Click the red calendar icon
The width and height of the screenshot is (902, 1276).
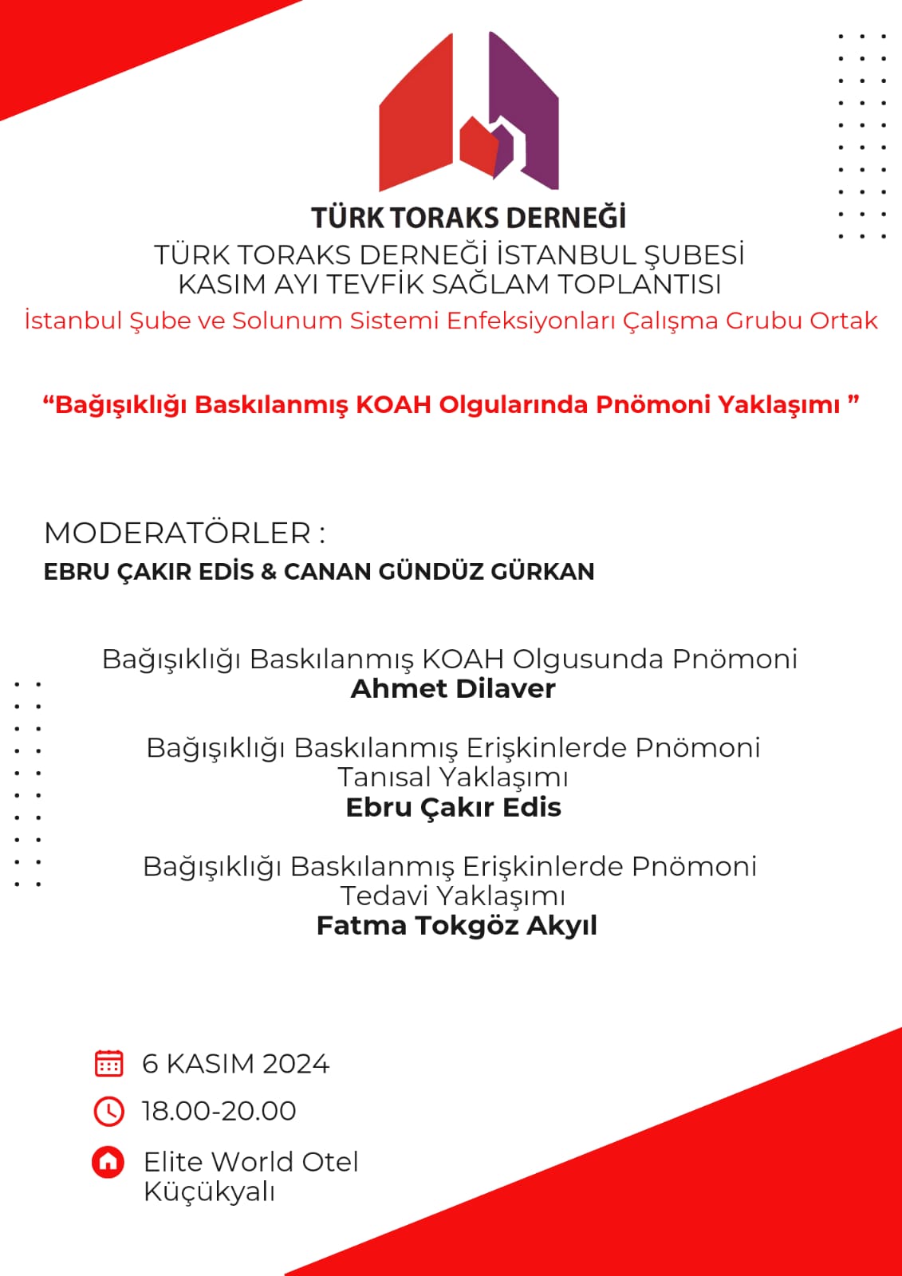tap(108, 1063)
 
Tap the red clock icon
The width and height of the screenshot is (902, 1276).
tap(108, 1111)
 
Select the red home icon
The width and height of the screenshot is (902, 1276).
tap(108, 1162)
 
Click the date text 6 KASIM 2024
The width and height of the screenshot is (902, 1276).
tap(235, 1064)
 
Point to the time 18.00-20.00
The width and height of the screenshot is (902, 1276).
tap(219, 1111)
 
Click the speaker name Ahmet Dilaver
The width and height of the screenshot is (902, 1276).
tap(453, 689)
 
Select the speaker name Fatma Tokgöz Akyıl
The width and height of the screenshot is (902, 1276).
tap(456, 926)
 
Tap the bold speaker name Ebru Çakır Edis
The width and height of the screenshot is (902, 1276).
tap(453, 808)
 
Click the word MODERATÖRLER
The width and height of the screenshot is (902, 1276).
tap(177, 534)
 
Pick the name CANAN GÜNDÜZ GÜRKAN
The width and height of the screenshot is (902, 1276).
tap(439, 572)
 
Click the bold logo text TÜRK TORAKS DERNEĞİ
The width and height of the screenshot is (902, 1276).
tap(468, 218)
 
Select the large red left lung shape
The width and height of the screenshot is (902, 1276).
tap(415, 120)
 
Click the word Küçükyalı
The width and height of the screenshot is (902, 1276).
tap(209, 1192)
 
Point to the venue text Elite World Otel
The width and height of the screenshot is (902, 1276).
tap(250, 1162)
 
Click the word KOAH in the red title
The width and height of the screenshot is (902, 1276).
tap(393, 404)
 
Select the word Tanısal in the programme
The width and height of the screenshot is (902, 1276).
tap(384, 778)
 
